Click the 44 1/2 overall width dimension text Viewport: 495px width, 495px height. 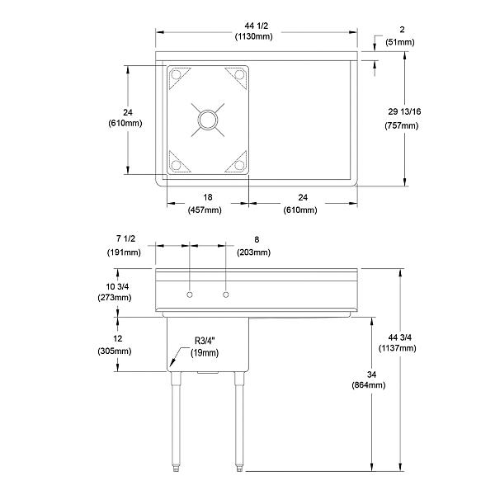[256, 24]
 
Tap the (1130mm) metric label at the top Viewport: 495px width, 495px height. [256, 36]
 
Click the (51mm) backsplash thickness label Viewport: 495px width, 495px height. [399, 42]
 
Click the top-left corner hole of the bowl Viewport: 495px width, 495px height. [175, 76]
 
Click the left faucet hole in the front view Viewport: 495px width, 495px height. [190, 295]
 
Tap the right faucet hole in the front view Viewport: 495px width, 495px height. [224, 295]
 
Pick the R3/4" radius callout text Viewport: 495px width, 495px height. [206, 340]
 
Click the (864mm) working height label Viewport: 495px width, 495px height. [368, 384]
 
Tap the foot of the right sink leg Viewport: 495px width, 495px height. [239, 469]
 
